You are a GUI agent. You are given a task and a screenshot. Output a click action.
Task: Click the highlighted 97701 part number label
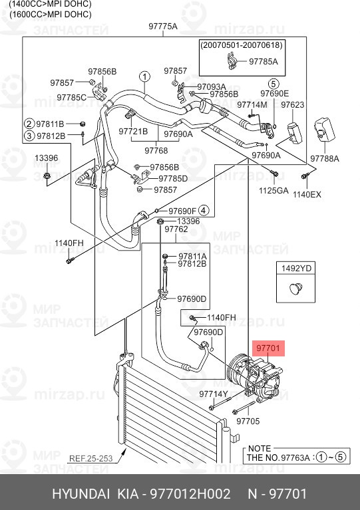[x=268, y=348]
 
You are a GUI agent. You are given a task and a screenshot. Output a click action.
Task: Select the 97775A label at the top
[x=162, y=27]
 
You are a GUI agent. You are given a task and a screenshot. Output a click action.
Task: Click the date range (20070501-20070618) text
[x=242, y=45]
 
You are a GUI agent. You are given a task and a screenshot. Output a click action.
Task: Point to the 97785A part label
[x=264, y=62]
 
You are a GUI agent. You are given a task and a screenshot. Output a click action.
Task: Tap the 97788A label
[x=325, y=159]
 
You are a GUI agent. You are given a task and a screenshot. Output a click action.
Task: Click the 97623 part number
[x=292, y=105]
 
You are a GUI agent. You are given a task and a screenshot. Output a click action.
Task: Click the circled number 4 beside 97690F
[x=204, y=211]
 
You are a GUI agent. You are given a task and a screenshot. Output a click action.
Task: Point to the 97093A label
[x=212, y=86]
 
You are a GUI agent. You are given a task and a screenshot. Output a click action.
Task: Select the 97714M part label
[x=252, y=105]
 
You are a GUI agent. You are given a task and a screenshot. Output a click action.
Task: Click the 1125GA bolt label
[x=273, y=190]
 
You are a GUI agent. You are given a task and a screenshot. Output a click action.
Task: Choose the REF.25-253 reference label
[x=90, y=459]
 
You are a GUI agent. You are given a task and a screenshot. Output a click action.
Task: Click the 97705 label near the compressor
[x=248, y=421]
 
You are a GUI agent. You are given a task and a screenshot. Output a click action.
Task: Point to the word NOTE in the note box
[x=259, y=449]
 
